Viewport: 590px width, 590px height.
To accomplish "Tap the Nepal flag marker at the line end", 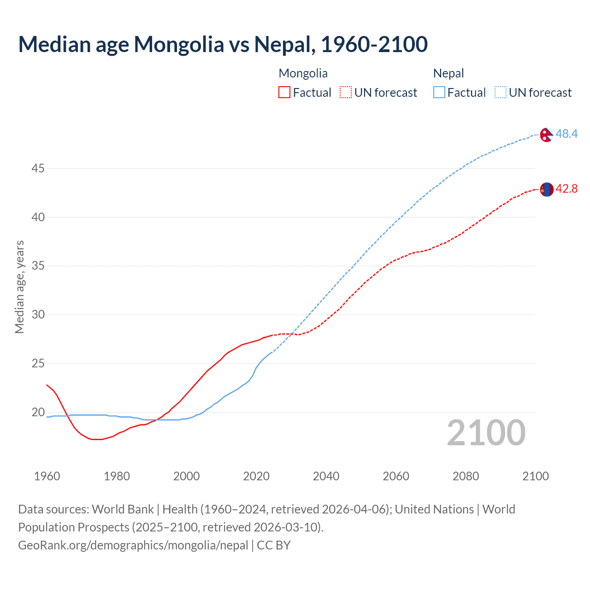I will coord(546,135).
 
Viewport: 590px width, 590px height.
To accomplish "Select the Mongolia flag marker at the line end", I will coord(547,189).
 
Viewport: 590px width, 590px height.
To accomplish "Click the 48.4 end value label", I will coord(566,134).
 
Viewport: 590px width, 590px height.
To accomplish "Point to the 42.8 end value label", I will coord(566,189).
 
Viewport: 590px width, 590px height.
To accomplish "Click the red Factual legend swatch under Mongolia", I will coord(284,93).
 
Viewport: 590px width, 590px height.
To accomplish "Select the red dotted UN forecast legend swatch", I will coord(346,93).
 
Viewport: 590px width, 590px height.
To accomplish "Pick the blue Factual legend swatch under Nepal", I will coord(439,93).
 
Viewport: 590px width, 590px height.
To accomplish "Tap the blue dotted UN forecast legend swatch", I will coord(501,93).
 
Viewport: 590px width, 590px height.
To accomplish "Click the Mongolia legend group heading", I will coord(303,73).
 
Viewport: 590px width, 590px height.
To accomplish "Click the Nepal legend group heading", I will coord(448,73).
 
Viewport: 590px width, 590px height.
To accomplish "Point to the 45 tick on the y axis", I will coord(38,169).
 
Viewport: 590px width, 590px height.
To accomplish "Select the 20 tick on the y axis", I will coord(38,413).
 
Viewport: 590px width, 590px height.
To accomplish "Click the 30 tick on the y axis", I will coord(38,315).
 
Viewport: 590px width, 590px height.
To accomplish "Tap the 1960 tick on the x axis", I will coord(47,476).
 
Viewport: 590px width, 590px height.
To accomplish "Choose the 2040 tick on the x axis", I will coord(326,476).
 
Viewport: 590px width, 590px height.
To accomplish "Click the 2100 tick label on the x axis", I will coord(535,476).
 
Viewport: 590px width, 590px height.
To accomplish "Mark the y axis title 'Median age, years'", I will coord(19,287).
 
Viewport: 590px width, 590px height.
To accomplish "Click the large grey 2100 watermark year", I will coord(486,433).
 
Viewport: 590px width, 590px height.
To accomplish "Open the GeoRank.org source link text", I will coord(133,545).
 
